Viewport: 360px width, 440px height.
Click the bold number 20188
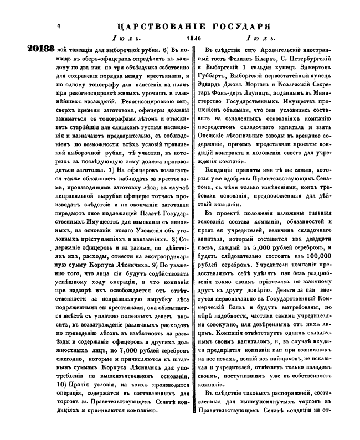[x=40, y=49]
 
